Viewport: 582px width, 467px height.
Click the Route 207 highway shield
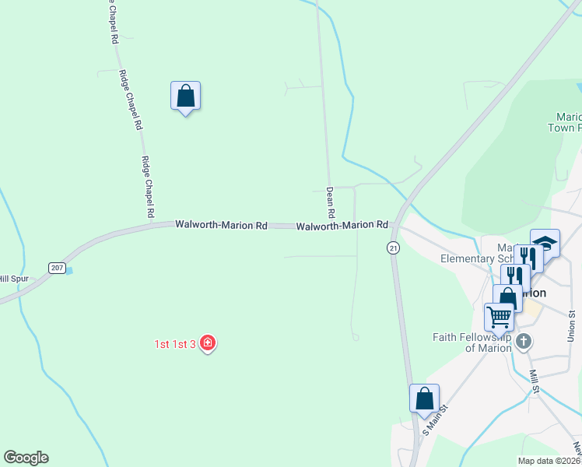pos(57,268)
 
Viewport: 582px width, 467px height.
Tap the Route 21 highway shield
pos(394,248)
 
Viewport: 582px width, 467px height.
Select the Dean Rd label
pos(331,202)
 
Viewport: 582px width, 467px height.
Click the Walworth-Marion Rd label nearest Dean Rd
pos(342,225)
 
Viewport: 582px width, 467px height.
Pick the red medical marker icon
pos(207,342)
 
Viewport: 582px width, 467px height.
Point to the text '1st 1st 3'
pos(174,343)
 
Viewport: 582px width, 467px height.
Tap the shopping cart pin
pos(498,316)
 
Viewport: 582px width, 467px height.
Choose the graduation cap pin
pos(545,242)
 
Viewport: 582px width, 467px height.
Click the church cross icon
pos(524,340)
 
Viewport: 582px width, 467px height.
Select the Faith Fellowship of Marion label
pos(471,342)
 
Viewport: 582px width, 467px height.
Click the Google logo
pos(26,458)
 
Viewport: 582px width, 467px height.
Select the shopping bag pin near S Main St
pos(424,398)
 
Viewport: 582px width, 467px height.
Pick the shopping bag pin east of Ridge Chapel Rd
pos(185,96)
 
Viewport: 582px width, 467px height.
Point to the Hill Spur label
pos(14,279)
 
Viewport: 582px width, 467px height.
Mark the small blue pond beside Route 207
pos(70,271)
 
